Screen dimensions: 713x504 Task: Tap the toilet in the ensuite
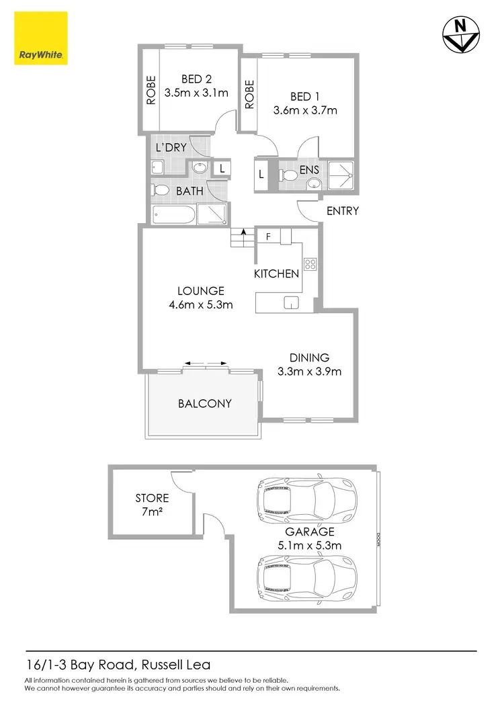(x=288, y=175)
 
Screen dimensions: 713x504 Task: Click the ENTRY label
(x=343, y=211)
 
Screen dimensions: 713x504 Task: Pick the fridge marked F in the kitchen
(x=268, y=237)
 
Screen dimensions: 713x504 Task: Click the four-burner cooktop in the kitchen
(x=310, y=264)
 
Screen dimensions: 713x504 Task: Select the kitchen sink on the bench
(x=292, y=302)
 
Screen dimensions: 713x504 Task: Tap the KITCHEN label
(x=276, y=274)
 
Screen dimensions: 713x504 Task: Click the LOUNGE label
(x=200, y=291)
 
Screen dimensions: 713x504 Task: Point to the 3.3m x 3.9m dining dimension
(x=310, y=371)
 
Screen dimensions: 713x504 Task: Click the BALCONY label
(x=205, y=403)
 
